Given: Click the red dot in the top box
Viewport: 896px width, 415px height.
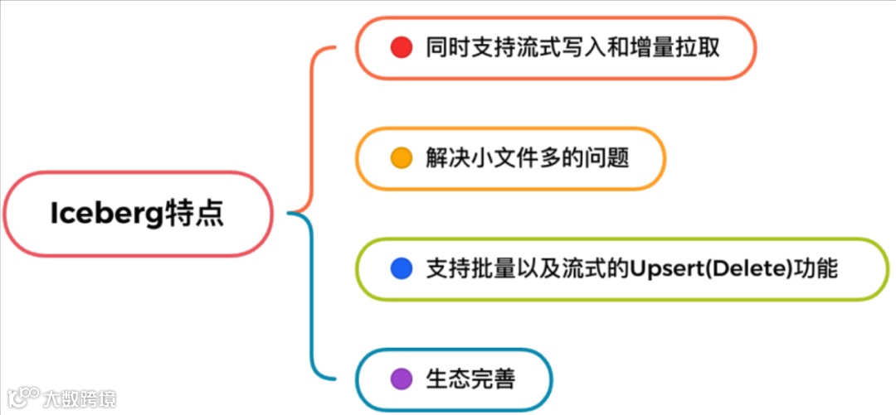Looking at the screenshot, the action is pos(402,47).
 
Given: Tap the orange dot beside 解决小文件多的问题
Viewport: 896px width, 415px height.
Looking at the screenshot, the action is pos(402,157).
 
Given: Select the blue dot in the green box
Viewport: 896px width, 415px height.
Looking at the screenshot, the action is pos(402,268).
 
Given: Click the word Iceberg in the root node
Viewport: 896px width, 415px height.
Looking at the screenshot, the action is pos(96,214).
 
